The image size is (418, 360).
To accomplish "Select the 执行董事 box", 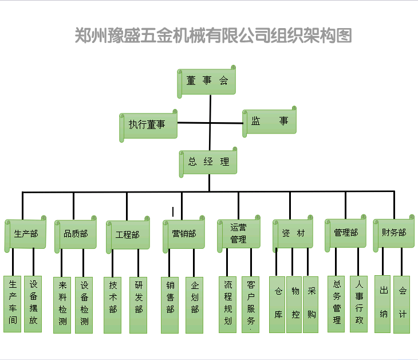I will [148, 126].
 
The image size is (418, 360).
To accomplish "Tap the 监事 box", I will [269, 122].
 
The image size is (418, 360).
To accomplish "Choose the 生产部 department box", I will [26, 234].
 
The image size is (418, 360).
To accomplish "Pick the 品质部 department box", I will [76, 234].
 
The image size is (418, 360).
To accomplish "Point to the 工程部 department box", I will [127, 234].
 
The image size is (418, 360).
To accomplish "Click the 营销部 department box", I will [184, 234].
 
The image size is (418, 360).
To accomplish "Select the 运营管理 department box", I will [238, 234].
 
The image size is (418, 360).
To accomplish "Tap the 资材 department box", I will [293, 233].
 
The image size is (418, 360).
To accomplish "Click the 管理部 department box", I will [346, 233].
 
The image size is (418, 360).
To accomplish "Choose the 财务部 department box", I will [394, 233].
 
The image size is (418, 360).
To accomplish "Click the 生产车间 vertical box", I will [13, 304].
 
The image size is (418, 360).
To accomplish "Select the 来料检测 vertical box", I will [62, 305].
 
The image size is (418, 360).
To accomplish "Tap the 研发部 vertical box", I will [139, 305].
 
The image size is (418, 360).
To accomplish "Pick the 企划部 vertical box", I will [195, 305].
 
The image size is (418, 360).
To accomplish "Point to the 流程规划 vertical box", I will [228, 304].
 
